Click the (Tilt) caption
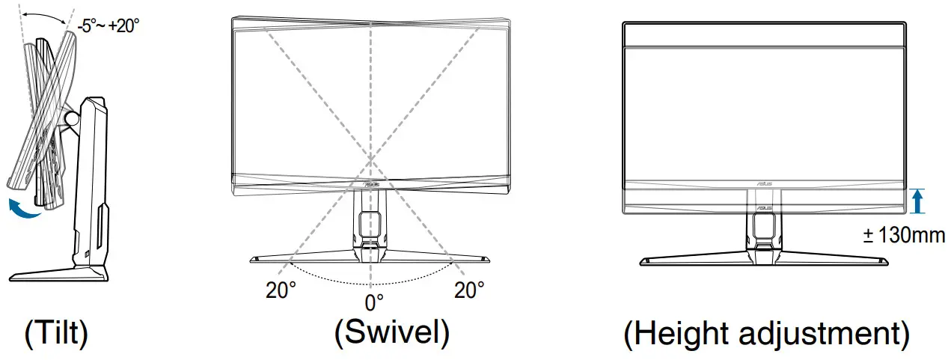click(x=56, y=334)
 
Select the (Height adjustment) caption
click(x=768, y=335)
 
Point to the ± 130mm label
click(x=904, y=235)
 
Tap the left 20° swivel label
click(x=281, y=290)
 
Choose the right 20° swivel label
click(x=469, y=290)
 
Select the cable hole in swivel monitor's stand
click(x=369, y=224)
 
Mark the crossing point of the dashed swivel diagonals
click(x=370, y=159)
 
